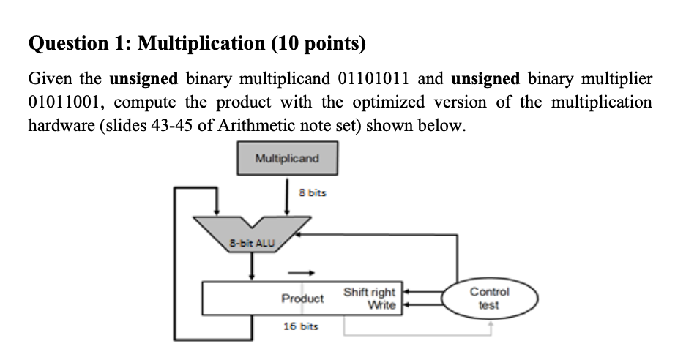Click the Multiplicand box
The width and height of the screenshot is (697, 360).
tap(287, 158)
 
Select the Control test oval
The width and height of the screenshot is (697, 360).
tap(489, 298)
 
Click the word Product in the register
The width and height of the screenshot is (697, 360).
tap(302, 299)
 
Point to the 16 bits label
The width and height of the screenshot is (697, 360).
tap(302, 326)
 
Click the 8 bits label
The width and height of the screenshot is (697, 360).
tap(313, 192)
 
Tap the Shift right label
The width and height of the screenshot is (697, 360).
tap(369, 292)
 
